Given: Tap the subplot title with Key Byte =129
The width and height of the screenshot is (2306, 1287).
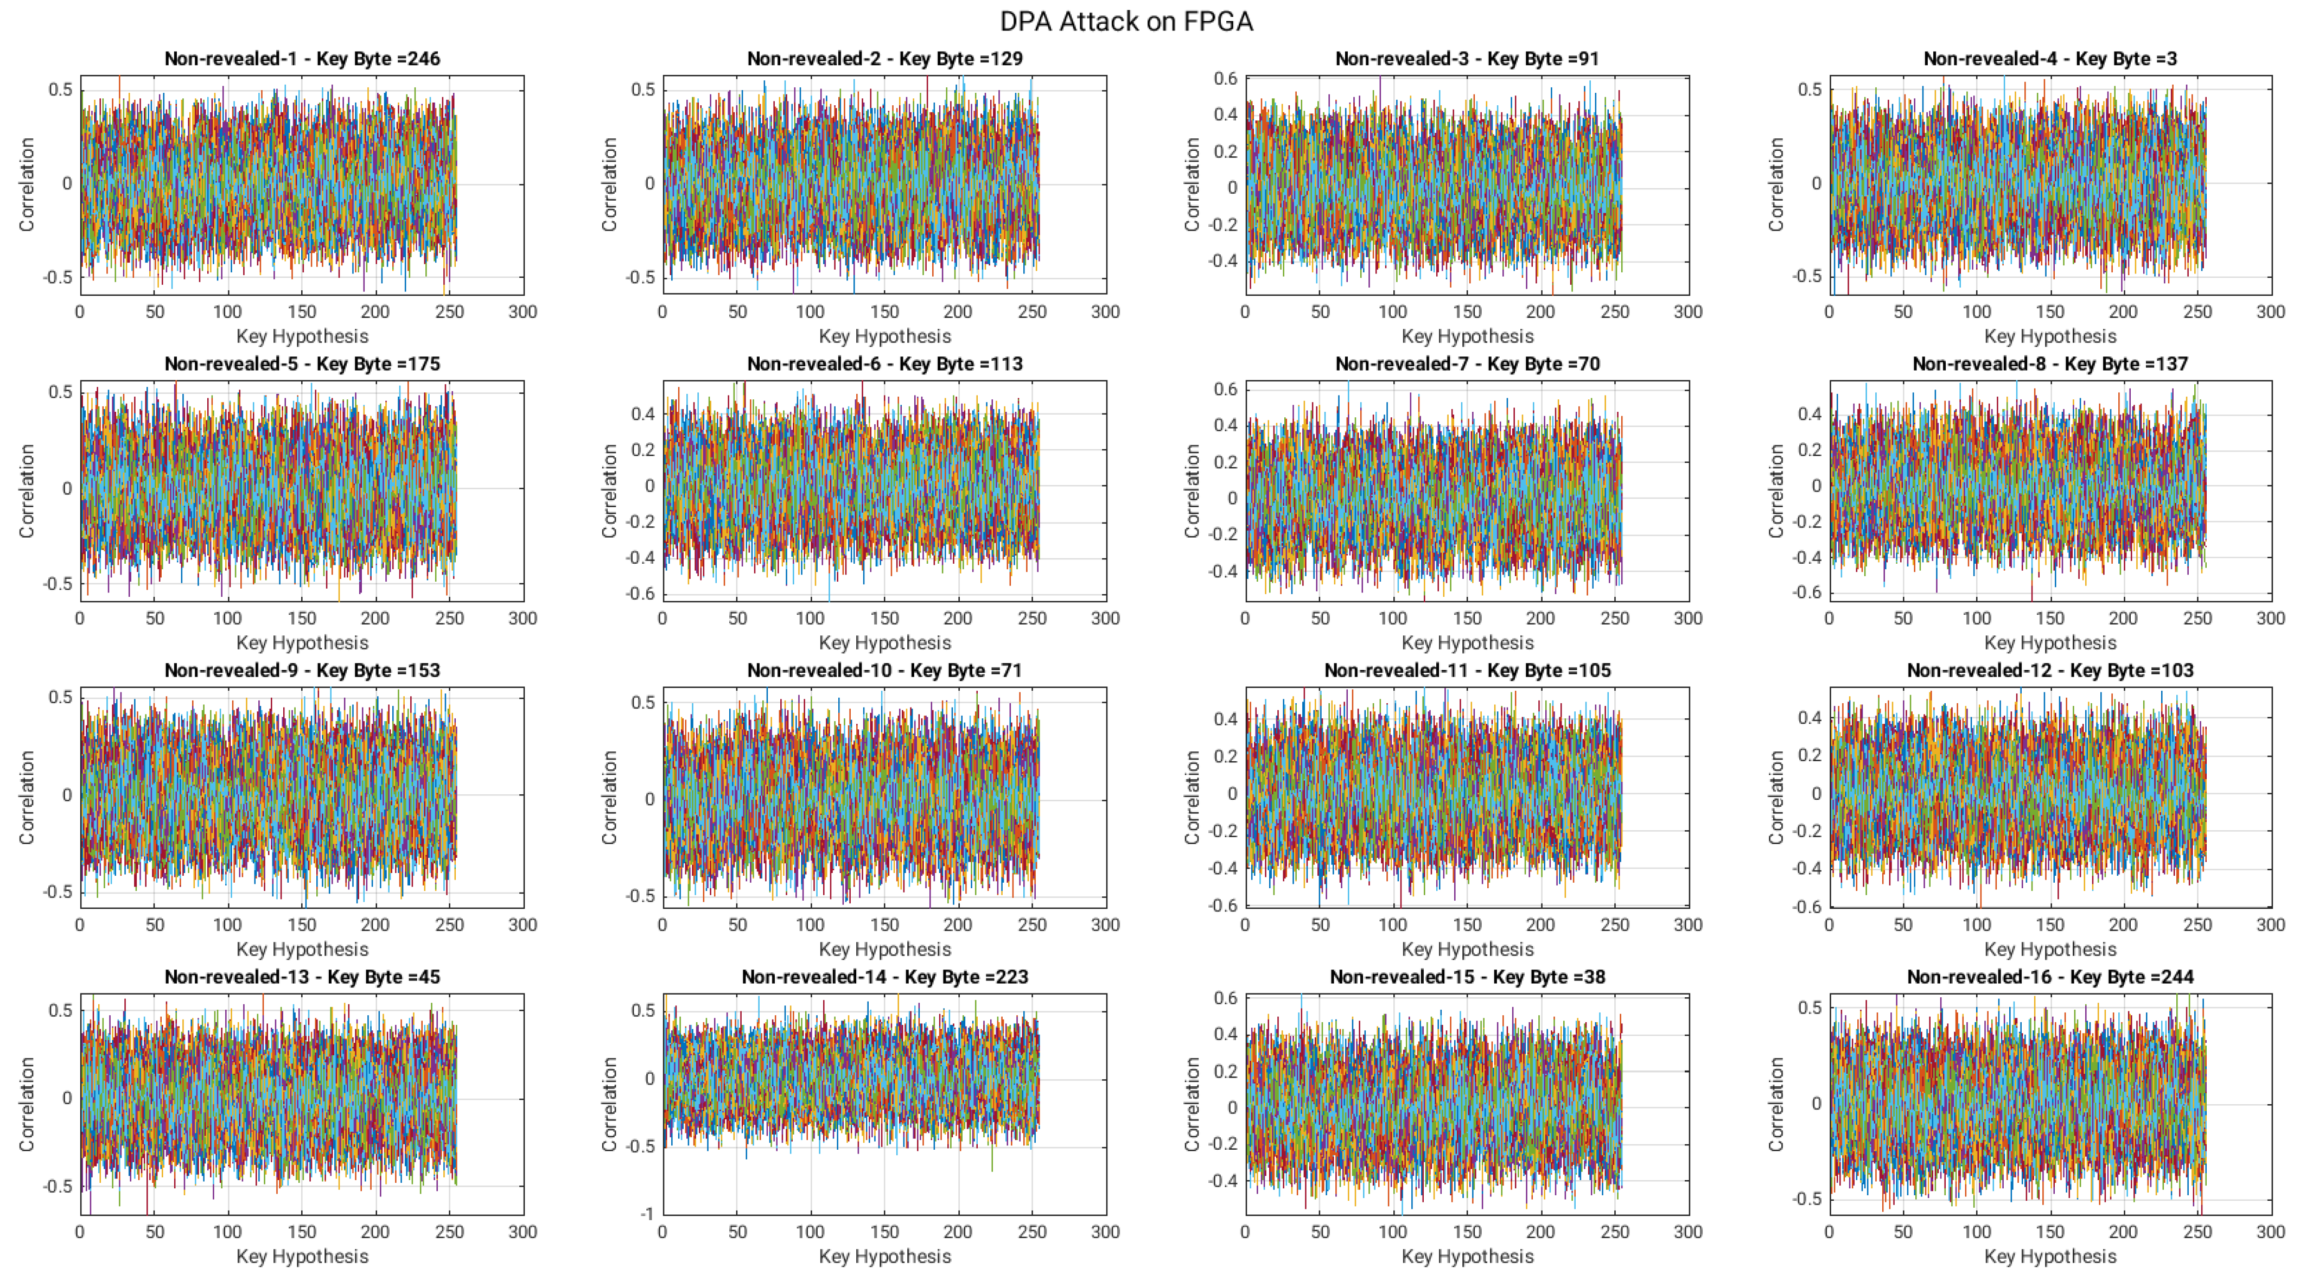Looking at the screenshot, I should tap(884, 59).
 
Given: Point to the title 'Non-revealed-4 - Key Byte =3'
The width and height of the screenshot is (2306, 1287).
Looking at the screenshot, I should tap(2050, 59).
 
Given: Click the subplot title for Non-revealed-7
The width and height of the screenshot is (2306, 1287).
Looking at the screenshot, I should tap(1467, 364).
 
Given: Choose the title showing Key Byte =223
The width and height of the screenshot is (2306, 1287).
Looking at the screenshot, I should tap(884, 977).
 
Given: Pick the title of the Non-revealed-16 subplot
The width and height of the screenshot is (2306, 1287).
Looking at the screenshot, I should tap(2050, 977).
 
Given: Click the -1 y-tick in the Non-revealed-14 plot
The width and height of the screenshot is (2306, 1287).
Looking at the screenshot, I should tap(646, 1214).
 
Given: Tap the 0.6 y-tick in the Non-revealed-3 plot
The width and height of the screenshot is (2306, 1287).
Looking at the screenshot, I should tap(1226, 79).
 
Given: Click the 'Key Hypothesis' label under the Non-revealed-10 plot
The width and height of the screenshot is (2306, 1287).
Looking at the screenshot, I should tap(884, 950).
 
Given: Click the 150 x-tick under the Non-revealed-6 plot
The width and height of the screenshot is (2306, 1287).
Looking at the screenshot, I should tap(884, 619).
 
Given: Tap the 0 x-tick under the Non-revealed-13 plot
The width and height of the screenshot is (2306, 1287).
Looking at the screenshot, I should tap(80, 1232).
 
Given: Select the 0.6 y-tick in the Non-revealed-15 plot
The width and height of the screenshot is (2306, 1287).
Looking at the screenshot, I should tap(1226, 998).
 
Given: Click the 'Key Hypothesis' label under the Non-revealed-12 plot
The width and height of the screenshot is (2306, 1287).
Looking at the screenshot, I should tap(2050, 950).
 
